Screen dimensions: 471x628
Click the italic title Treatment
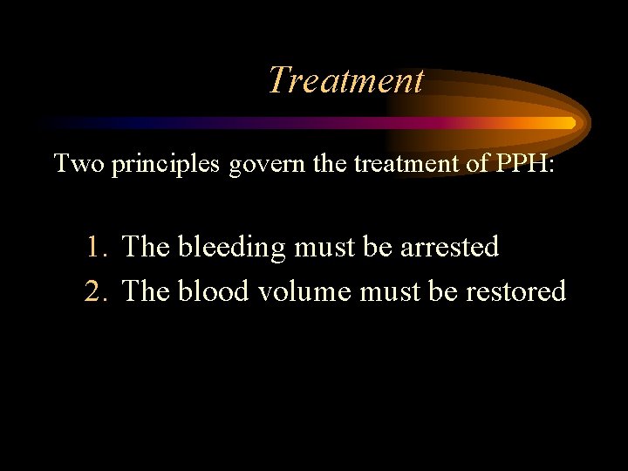345,80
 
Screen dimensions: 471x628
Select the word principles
167,163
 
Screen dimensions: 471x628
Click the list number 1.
98,248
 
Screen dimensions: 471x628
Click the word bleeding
232,248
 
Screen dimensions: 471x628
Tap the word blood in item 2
213,290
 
